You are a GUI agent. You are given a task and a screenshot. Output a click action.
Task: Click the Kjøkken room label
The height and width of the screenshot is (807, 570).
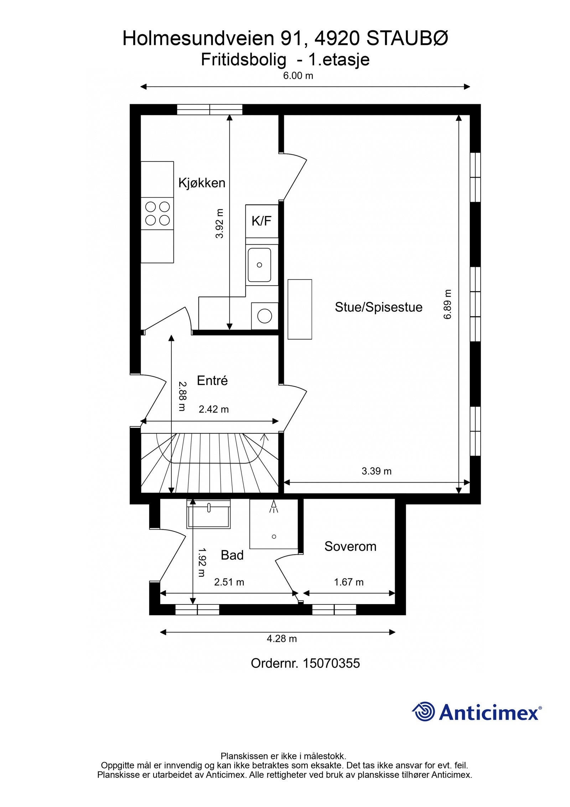202,183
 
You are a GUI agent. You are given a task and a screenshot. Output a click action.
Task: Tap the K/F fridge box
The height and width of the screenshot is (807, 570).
261,221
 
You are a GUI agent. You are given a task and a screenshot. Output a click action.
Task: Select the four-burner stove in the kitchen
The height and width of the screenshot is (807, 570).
157,213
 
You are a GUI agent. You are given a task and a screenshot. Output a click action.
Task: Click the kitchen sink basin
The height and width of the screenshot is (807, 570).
259,265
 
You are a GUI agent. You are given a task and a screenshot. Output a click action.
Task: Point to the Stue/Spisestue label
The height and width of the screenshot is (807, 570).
378,307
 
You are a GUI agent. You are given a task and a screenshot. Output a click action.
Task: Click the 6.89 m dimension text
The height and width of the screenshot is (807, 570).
448,304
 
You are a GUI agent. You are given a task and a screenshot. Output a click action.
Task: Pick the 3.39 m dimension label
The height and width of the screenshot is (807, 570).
377,471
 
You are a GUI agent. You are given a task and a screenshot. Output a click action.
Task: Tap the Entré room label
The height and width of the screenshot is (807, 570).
212,380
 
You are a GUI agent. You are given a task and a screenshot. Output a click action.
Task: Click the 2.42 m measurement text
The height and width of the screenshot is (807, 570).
213,409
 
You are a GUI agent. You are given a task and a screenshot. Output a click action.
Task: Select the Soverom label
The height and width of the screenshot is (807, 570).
350,546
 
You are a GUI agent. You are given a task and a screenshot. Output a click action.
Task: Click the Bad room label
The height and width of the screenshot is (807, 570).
232,555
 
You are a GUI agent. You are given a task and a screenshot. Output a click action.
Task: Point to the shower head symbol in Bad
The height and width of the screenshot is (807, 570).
274,506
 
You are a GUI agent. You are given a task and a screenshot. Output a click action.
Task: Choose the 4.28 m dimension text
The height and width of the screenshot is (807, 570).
281,638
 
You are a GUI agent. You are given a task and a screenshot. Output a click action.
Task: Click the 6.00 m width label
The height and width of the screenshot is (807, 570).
298,76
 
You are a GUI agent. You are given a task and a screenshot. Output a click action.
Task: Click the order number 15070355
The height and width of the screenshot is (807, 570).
331,663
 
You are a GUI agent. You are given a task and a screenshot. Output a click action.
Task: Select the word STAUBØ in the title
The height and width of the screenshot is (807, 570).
407,39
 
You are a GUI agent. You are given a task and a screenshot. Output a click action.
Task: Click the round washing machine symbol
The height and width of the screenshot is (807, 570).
264,316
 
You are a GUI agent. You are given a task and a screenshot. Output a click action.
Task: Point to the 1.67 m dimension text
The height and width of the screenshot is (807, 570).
348,582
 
